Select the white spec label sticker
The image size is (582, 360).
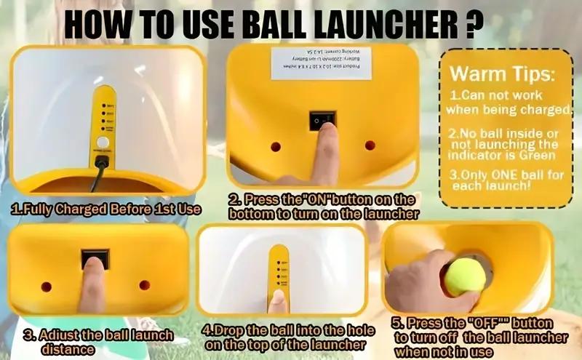tap(321, 63)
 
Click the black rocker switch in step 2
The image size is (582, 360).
tap(322, 121)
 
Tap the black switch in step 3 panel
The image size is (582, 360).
tap(95, 259)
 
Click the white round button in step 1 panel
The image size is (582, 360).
tap(103, 142)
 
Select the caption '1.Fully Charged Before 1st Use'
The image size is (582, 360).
tap(106, 209)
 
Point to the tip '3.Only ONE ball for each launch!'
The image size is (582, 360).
tap(502, 180)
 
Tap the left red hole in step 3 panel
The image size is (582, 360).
tap(46, 286)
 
